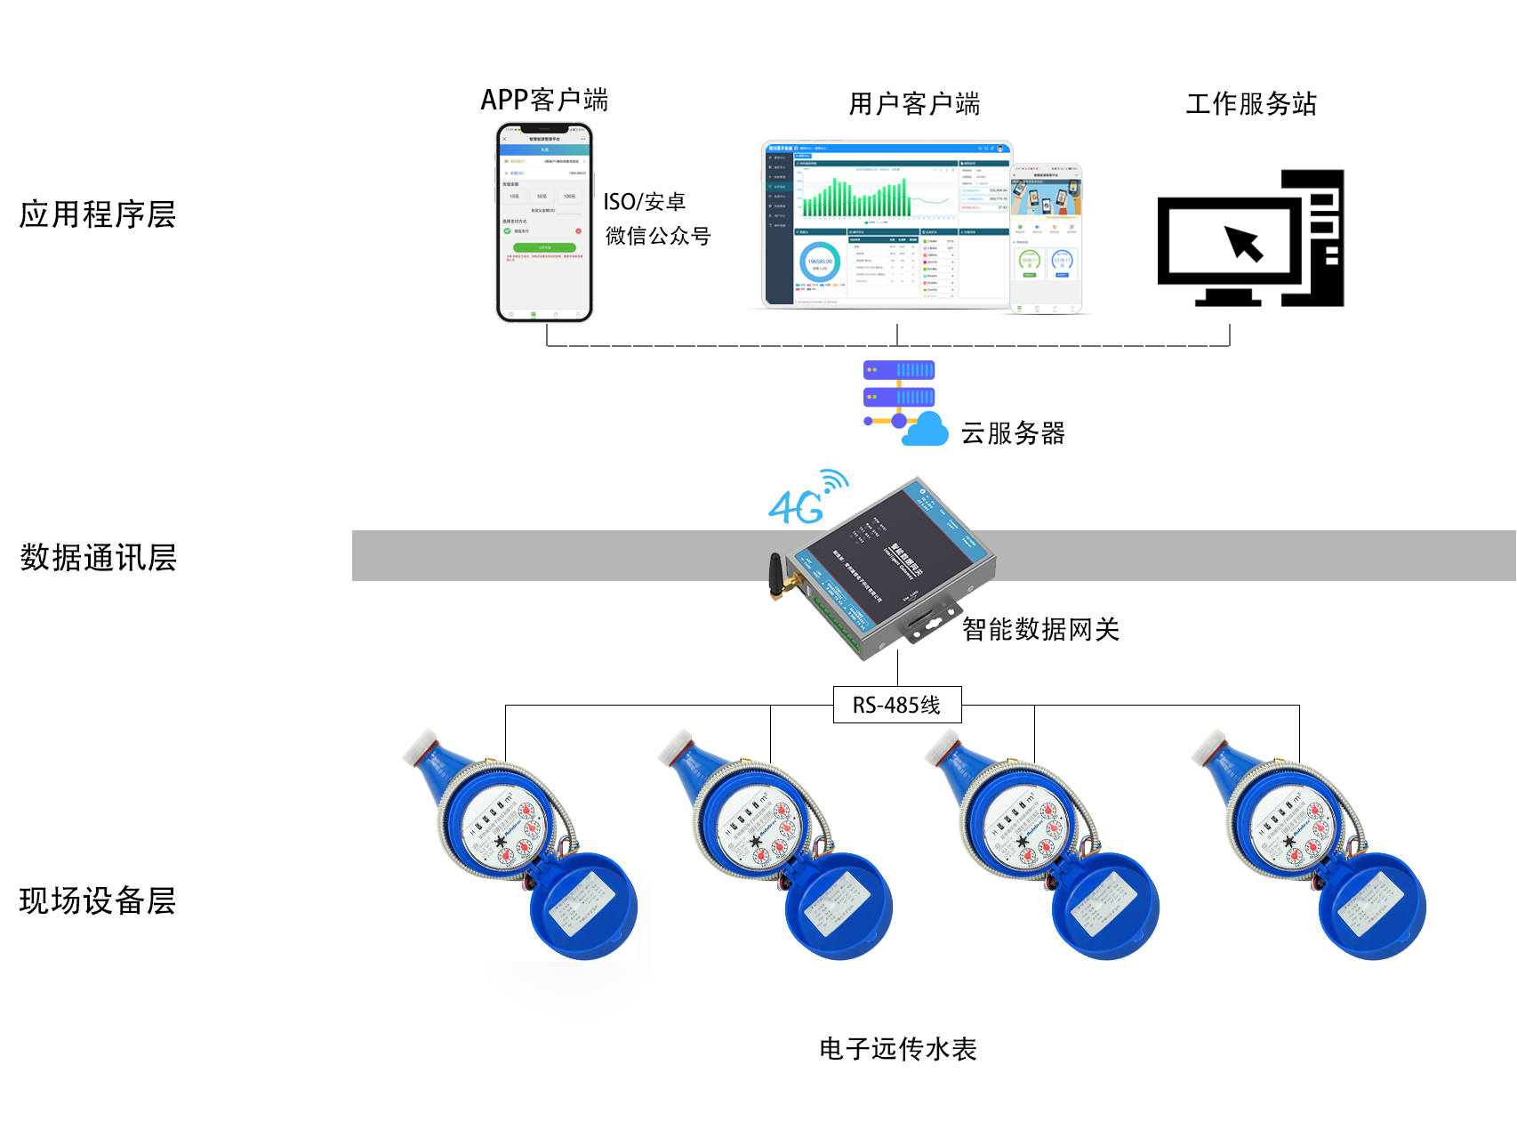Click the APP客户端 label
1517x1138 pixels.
pyautogui.click(x=544, y=100)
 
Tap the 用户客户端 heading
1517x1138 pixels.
pyautogui.click(x=914, y=104)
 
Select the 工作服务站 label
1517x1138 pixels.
pyautogui.click(x=1250, y=104)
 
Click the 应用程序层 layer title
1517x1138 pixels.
pyautogui.click(x=98, y=214)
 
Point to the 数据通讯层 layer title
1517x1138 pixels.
pyautogui.click(x=98, y=558)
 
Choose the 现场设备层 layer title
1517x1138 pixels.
pyautogui.click(x=98, y=900)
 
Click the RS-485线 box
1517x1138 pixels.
pyautogui.click(x=896, y=705)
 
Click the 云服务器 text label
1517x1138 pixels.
pyautogui.click(x=1013, y=433)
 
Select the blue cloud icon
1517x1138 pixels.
pyautogui.click(x=926, y=431)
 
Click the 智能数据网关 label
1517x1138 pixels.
pyautogui.click(x=1040, y=630)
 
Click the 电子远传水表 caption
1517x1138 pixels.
pyautogui.click(x=897, y=1049)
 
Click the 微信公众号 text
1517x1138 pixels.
pyautogui.click(x=658, y=236)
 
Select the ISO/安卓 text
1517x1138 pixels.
pyautogui.click(x=645, y=202)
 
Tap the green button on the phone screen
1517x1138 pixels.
pyautogui.click(x=544, y=247)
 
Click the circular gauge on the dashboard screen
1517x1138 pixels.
pyautogui.click(x=819, y=263)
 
